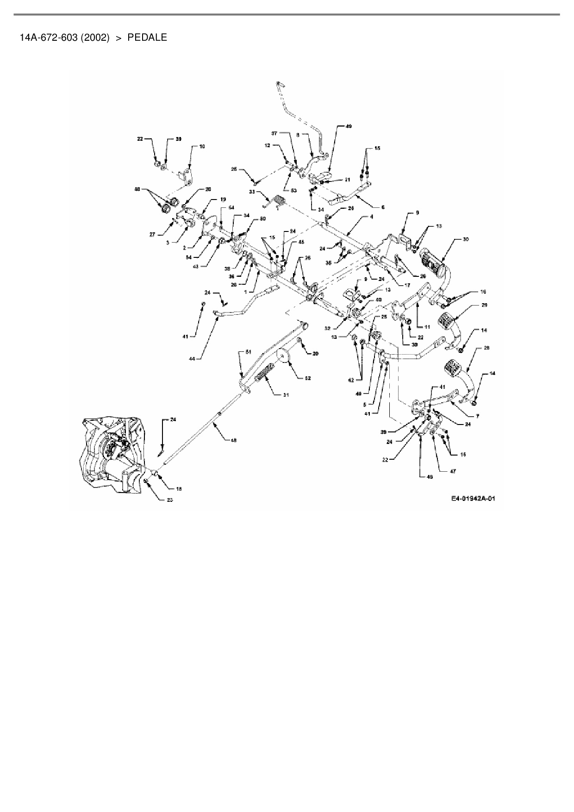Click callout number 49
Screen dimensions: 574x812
pos(349,126)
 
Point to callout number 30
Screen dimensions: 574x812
pos(465,239)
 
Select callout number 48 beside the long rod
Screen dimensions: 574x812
pos(233,440)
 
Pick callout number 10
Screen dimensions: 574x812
pos(202,146)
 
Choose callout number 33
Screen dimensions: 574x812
pos(252,191)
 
